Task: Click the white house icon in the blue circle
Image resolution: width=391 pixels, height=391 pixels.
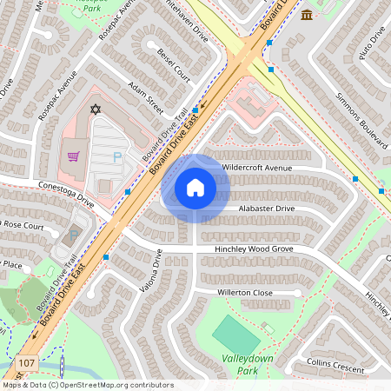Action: coord(195,188)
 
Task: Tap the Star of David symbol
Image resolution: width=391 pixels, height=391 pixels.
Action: coord(96,110)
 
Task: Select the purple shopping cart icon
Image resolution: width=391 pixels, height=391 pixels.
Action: coord(74,156)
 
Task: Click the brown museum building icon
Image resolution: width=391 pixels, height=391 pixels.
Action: coord(306,15)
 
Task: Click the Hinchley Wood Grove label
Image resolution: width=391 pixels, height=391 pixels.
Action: coord(255,249)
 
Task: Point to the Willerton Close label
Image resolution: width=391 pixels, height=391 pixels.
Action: coord(245,293)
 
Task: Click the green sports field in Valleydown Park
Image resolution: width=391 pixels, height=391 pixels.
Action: coord(235,334)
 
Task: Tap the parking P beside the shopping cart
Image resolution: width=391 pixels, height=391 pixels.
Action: coord(117,157)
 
